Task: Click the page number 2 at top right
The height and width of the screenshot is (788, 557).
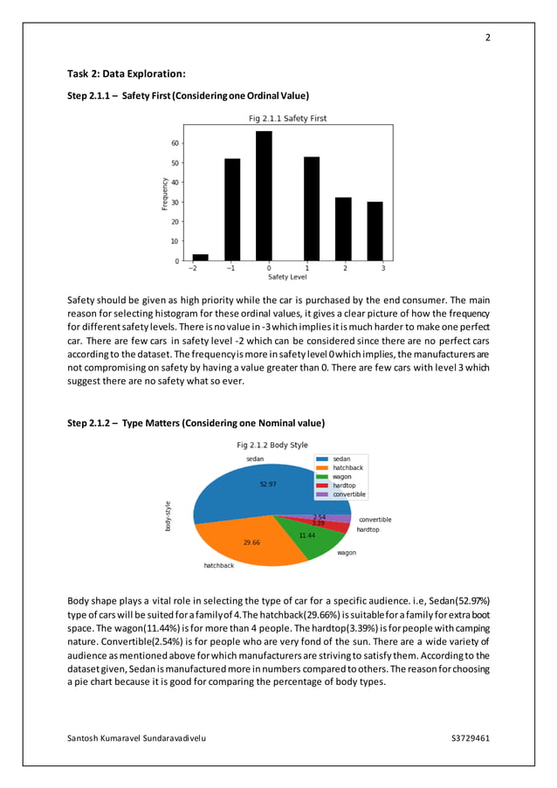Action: point(487,38)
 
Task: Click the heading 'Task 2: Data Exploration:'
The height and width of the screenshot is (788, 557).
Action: point(126,73)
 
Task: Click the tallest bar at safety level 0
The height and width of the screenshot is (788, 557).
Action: point(264,197)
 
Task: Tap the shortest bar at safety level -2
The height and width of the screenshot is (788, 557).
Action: point(200,258)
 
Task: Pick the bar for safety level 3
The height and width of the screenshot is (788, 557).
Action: point(375,232)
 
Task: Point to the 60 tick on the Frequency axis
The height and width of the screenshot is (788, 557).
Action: point(175,143)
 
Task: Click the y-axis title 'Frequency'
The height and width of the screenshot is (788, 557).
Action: point(164,193)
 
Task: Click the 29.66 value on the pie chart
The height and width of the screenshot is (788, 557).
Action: point(251,543)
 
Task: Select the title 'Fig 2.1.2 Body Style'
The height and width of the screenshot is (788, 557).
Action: point(272,445)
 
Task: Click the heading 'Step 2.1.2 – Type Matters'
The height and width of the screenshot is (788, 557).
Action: point(196,423)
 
